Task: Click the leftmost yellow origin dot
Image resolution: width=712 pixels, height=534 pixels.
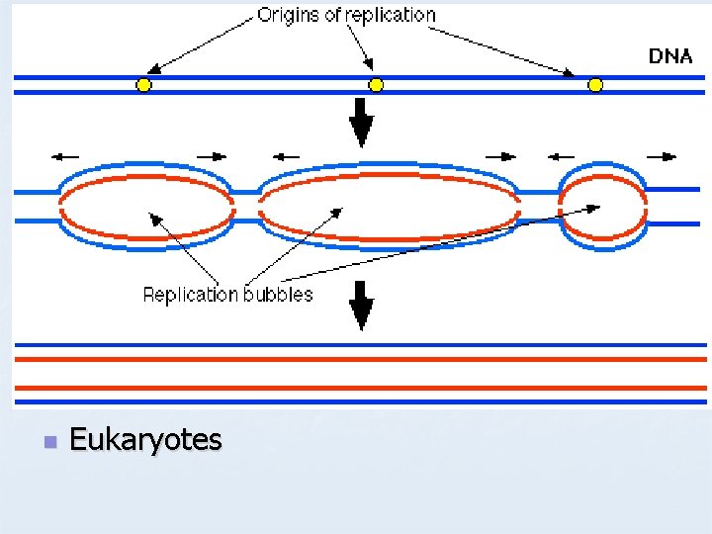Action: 143,85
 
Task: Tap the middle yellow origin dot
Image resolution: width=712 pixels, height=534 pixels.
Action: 376,85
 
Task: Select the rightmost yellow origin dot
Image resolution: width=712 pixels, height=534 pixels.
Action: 595,85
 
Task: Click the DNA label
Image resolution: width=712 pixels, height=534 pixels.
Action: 670,56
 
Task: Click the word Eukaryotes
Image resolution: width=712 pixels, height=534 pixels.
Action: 146,440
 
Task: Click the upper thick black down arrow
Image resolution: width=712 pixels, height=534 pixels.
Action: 362,124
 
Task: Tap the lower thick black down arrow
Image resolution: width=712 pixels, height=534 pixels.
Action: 362,306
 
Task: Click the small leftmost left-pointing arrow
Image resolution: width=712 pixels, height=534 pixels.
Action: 67,155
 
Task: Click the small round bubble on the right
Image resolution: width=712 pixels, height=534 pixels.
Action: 602,205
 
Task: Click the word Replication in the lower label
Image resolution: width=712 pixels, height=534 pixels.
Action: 190,295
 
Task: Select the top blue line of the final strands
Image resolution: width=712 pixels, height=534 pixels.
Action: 362,345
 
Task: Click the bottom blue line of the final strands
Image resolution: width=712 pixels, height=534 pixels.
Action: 362,402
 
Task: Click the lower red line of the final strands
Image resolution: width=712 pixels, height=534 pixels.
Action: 362,388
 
